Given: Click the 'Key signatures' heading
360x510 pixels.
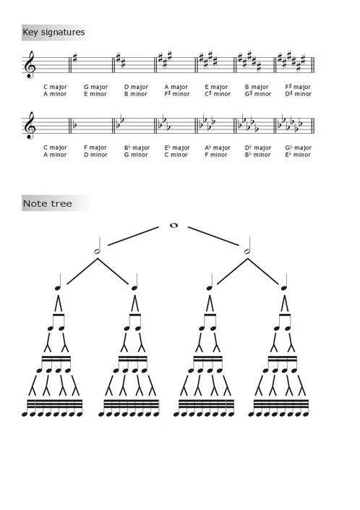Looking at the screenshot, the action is pos(53,33).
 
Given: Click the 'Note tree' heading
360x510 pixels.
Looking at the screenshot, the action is pos(48,203).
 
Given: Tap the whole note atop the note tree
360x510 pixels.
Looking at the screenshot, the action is pos(173,226).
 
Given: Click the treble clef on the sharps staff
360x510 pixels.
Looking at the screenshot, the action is pos(30,64).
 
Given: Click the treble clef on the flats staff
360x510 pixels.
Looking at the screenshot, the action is pos(30,125).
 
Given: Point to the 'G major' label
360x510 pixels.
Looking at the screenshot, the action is pos(95,87).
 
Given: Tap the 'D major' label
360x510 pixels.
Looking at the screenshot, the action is pos(136,87).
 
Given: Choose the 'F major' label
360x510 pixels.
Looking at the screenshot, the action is pos(95,148).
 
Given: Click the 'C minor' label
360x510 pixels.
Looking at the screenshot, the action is pos(176,155).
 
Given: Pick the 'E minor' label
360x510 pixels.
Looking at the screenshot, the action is pos(95,94).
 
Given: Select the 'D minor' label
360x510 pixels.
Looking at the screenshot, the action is pos(95,155).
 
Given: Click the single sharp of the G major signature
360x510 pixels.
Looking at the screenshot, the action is pos(75,58).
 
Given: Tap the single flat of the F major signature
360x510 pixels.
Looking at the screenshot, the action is pos(74,124).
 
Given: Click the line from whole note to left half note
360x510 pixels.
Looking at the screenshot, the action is pos(133,236).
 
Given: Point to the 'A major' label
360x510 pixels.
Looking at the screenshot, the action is pos(176,87).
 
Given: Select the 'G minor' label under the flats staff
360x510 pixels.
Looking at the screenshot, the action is pos(136,155).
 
